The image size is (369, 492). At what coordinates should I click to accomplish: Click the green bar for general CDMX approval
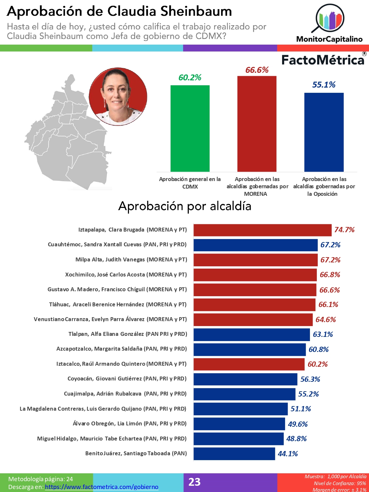pos(190,128)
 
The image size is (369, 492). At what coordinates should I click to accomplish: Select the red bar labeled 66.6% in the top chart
pos(257,124)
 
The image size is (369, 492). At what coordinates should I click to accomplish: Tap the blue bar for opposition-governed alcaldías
pos(324,132)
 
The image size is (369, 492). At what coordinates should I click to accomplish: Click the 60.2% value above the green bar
pos(190,78)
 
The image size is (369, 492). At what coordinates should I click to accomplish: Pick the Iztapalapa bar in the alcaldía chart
pos(262,230)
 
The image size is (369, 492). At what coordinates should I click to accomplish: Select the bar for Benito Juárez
pos(234,454)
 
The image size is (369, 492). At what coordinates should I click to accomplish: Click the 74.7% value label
pos(344,230)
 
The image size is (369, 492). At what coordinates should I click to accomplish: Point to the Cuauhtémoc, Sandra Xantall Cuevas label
pos(117,244)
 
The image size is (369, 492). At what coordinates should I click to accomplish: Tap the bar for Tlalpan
pos(252,335)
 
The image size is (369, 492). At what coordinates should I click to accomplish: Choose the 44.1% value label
pos(288,454)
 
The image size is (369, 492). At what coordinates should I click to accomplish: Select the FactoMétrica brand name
pos(323,60)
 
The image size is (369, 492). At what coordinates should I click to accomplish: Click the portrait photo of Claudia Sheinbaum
pos(118,97)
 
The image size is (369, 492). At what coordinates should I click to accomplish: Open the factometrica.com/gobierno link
pos(101,487)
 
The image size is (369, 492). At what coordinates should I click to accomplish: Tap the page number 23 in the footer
pos(195,482)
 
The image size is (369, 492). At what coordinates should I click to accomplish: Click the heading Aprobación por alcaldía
pos(185,206)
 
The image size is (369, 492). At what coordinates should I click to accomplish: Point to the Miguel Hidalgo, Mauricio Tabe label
pos(112,439)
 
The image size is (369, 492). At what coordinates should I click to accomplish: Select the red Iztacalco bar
pos(249,364)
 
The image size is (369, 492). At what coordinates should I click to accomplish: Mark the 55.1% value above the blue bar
pos(324,85)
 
